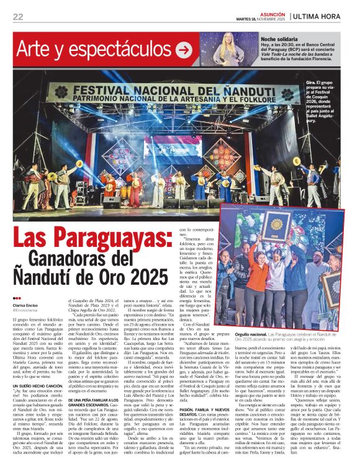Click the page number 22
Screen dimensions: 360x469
[18, 17]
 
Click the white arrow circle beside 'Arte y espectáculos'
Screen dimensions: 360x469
[184, 50]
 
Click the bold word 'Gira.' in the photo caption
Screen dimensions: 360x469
[310, 82]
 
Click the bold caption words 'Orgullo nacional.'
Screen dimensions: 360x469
[251, 334]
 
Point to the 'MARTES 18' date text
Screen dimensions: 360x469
[248, 19]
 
